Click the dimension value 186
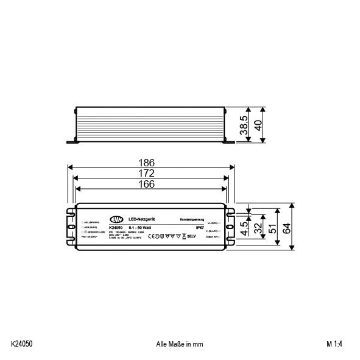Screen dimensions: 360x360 tap(146, 163)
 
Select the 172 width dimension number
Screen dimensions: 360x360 tap(146, 174)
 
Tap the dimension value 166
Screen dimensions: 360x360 tap(146, 184)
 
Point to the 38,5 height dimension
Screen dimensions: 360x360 tap(243, 126)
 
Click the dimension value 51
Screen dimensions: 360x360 tap(273, 227)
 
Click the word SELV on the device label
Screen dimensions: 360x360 tap(190, 236)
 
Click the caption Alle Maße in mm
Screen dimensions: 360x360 tap(180, 344)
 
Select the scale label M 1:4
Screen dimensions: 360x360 tap(335, 344)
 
